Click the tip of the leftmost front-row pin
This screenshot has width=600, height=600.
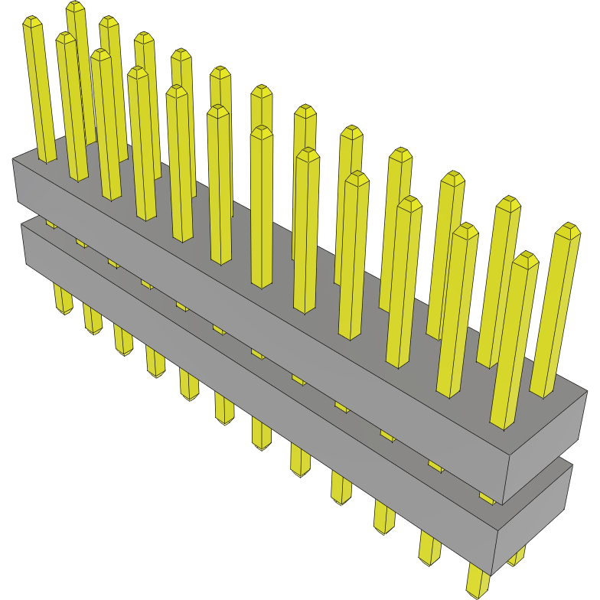(x=32, y=21)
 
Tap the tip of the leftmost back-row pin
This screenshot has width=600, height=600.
(x=75, y=7)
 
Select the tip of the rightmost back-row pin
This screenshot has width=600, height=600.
(x=567, y=229)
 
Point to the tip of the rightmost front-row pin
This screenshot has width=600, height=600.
(x=525, y=257)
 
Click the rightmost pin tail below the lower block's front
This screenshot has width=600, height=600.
(x=477, y=582)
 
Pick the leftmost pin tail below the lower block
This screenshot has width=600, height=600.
(x=63, y=300)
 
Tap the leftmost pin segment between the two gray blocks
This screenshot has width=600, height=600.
(x=51, y=223)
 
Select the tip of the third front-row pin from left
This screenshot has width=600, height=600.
(x=100, y=54)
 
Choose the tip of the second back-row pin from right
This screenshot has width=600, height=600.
(x=507, y=202)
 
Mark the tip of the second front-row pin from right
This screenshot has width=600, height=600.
(x=465, y=228)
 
